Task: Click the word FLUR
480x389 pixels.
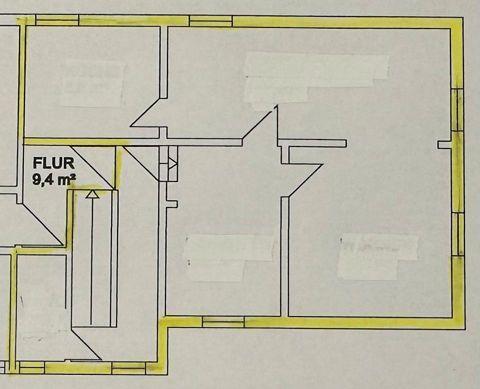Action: coord(54,163)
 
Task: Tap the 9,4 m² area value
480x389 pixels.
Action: coord(54,179)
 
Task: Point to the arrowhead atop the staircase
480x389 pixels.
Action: coord(90,194)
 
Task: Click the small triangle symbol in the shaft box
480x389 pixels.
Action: coord(172,163)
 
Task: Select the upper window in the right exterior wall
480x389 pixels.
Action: coord(457,110)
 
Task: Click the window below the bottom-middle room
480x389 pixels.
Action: coord(223,321)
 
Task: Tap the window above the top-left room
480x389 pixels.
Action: coord(57,20)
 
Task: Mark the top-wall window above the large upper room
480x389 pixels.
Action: coord(210,21)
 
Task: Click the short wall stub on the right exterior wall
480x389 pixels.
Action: coord(444,144)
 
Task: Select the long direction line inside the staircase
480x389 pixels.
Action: coord(91,260)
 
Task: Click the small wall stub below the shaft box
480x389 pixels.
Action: coord(171,203)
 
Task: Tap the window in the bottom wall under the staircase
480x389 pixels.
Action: coord(128,368)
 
